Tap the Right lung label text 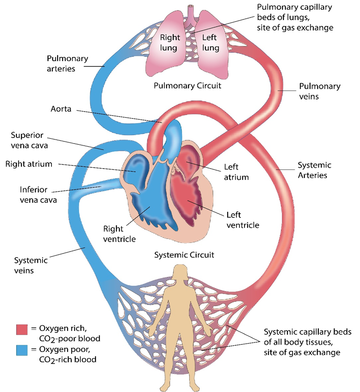click(170, 42)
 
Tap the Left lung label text click(210, 42)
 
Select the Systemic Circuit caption click(183, 255)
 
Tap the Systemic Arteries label click(314, 170)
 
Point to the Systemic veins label click(28, 265)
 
